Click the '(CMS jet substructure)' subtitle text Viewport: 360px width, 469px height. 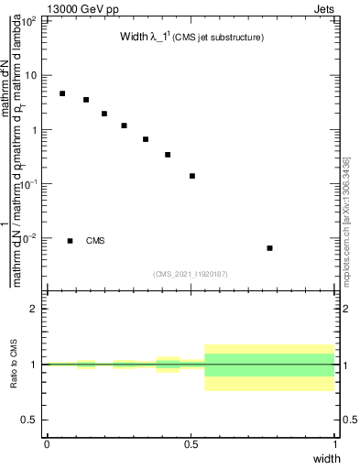coord(219,38)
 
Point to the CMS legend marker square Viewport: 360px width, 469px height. coord(70,241)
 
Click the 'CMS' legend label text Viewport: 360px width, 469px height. coord(95,241)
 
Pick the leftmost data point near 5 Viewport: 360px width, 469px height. coord(62,93)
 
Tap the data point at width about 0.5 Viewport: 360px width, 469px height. coord(192,176)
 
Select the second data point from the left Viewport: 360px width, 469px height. coord(86,100)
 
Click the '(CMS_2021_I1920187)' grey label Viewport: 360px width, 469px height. coord(191,273)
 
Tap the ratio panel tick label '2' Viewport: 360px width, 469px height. coord(35,309)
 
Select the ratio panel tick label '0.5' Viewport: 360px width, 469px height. coord(30,420)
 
